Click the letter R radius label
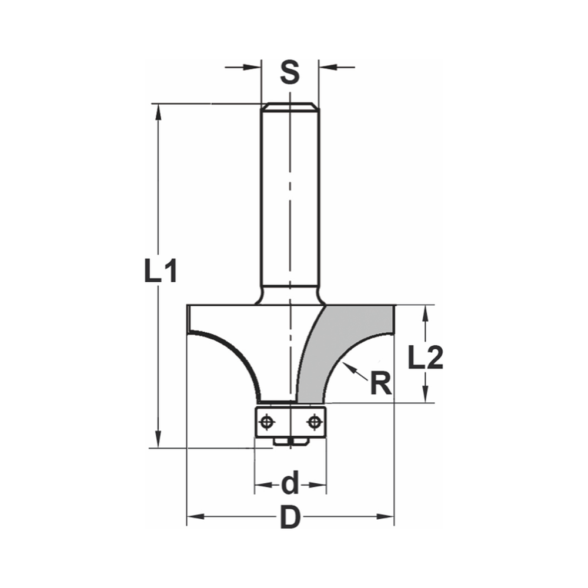[380, 385]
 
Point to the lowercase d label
[290, 485]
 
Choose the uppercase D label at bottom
[290, 518]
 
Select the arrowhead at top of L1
[158, 112]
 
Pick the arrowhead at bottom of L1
[158, 439]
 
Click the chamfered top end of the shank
[290, 106]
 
